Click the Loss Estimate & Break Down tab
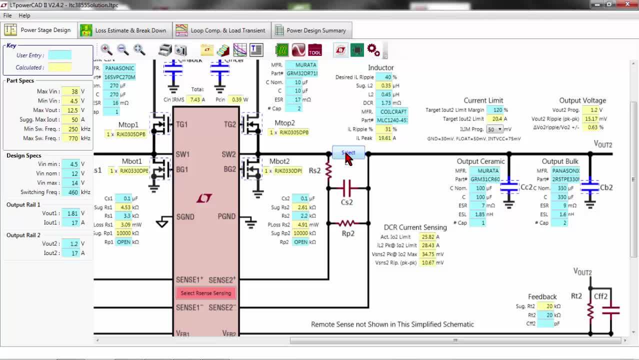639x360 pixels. pos(124,30)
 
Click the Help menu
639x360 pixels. pos(24,15)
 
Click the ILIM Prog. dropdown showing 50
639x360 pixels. pos(494,129)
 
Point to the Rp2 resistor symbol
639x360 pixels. pos(347,223)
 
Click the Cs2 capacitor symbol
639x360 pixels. pos(347,188)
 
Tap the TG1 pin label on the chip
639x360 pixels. pos(181,124)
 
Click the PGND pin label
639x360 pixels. pos(226,216)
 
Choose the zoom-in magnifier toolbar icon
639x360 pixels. pos(106,49)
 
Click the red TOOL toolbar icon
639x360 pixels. pos(315,50)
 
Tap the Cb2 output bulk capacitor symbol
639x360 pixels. pos(590,187)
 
